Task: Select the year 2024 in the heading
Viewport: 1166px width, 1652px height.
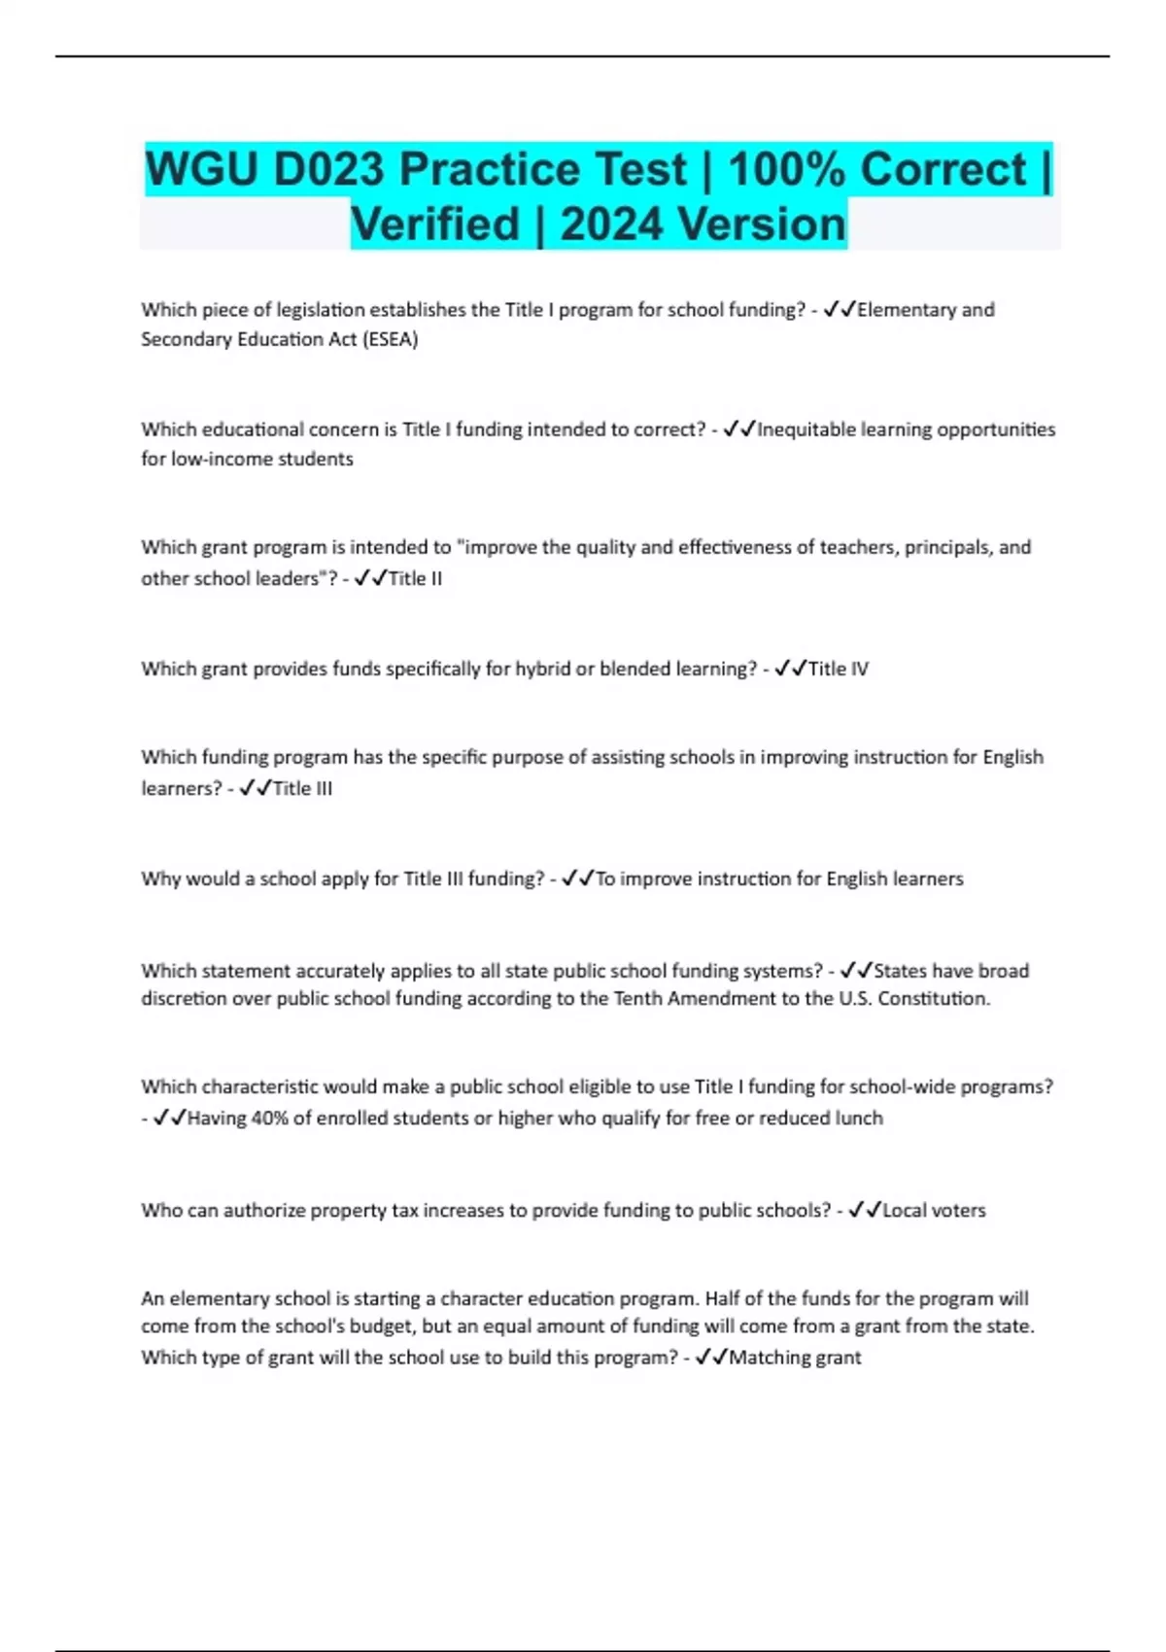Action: pyautogui.click(x=612, y=224)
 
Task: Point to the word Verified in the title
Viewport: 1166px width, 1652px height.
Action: pyautogui.click(x=435, y=224)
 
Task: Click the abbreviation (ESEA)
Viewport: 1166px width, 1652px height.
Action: pyautogui.click(x=388, y=339)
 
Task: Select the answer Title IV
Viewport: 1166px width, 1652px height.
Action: pyautogui.click(x=838, y=669)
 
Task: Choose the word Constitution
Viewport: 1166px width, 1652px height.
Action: pyautogui.click(x=934, y=999)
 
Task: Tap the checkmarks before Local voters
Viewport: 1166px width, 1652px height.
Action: pyautogui.click(x=864, y=1210)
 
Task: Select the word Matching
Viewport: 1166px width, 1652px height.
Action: pyautogui.click(x=768, y=1358)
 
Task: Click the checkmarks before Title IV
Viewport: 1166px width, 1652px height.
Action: pyautogui.click(x=790, y=669)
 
